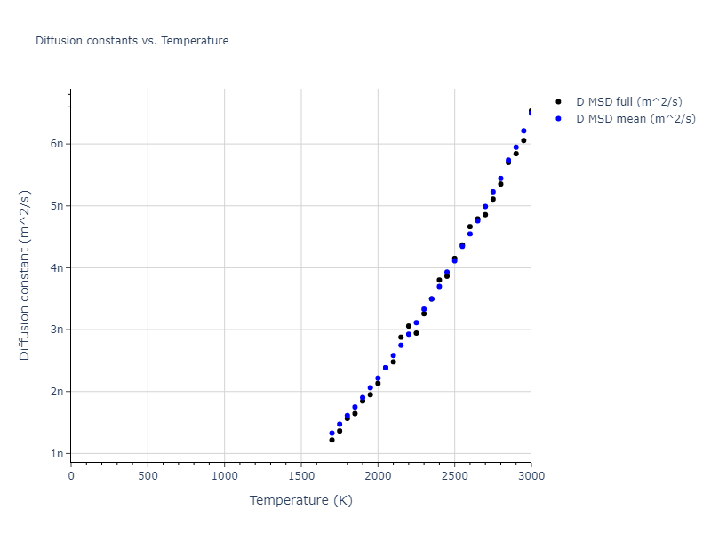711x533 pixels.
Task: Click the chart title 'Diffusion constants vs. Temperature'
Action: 132,41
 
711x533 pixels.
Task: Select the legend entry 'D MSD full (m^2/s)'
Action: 629,102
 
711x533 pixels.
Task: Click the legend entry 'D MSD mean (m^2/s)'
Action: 635,118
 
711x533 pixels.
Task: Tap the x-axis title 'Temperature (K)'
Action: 301,501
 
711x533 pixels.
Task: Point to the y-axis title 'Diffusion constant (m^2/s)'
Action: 26,275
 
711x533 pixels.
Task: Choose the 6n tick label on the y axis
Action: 57,144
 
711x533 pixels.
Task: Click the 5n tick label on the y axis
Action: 57,206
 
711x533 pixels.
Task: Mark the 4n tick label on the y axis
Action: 57,267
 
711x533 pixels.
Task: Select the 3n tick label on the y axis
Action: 57,330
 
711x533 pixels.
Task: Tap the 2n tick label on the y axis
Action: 57,392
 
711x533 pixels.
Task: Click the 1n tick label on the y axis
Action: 57,454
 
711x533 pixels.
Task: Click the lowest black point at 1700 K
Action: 332,440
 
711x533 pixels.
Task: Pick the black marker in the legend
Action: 558,102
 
